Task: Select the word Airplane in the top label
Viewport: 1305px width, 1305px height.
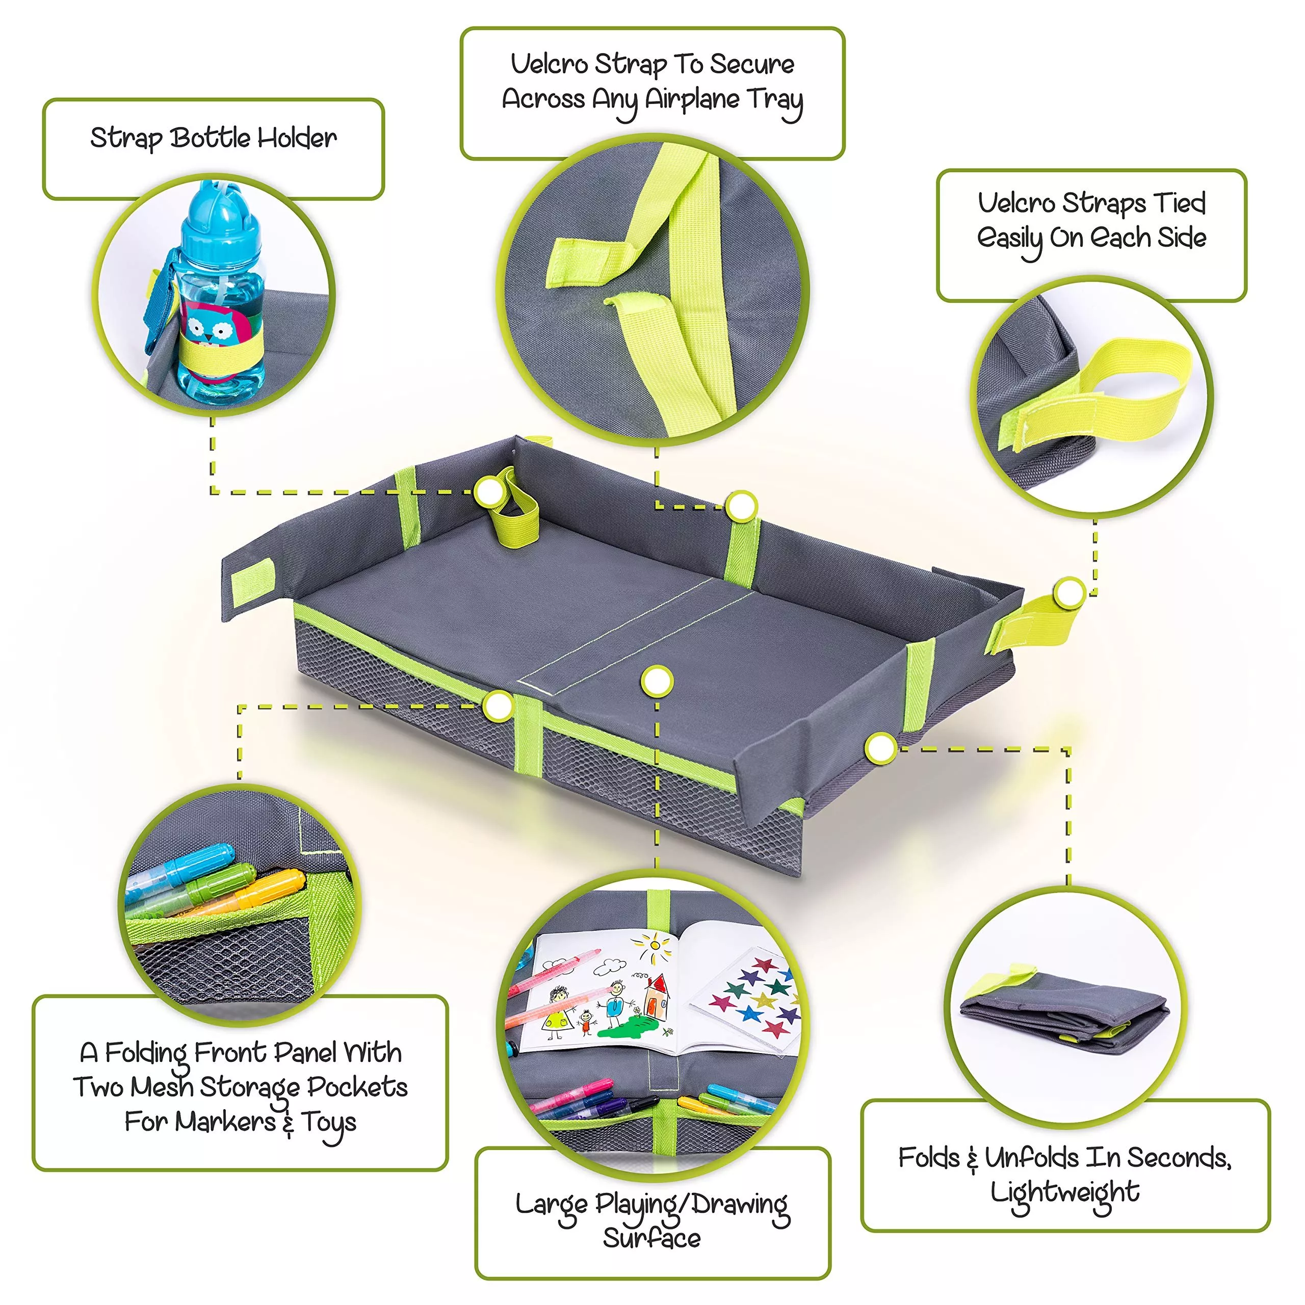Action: pyautogui.click(x=692, y=100)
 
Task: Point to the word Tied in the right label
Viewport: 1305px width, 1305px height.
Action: pyautogui.click(x=1179, y=203)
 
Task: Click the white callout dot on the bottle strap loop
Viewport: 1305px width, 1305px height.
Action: pyautogui.click(x=488, y=492)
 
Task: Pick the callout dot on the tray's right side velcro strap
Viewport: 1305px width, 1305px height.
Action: pyautogui.click(x=1069, y=593)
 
